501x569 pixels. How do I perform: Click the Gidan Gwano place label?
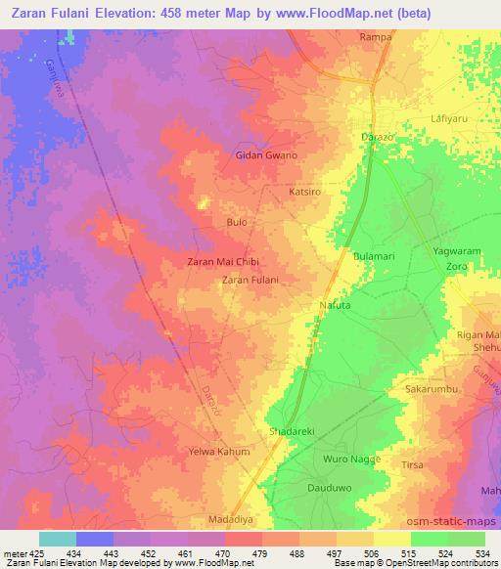click(x=266, y=155)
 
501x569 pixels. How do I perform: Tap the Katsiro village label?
click(x=304, y=192)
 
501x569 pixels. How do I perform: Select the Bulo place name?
click(x=236, y=223)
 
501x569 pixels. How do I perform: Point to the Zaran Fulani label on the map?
click(x=250, y=281)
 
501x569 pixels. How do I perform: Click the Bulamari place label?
click(x=373, y=255)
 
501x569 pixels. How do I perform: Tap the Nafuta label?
click(x=335, y=306)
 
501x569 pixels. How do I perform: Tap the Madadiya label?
click(x=232, y=520)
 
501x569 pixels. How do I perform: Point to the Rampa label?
click(x=376, y=37)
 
